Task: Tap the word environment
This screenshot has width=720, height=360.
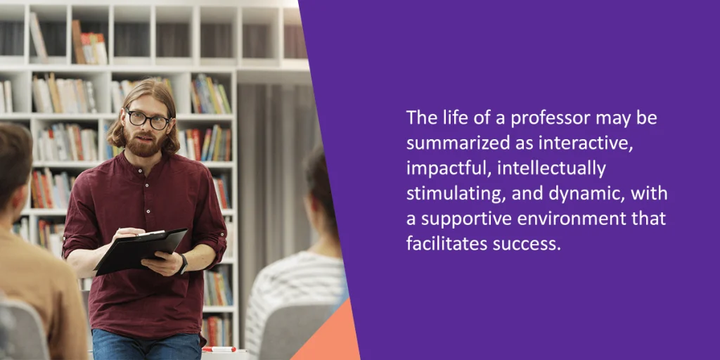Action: pos(572,219)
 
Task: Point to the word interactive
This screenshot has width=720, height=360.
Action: pos(580,143)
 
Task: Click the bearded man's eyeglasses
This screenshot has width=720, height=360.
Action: pos(148,119)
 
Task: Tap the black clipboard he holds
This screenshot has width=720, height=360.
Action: pos(141,251)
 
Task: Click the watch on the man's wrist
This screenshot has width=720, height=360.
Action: pos(184,263)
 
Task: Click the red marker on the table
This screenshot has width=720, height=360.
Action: pos(219,349)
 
